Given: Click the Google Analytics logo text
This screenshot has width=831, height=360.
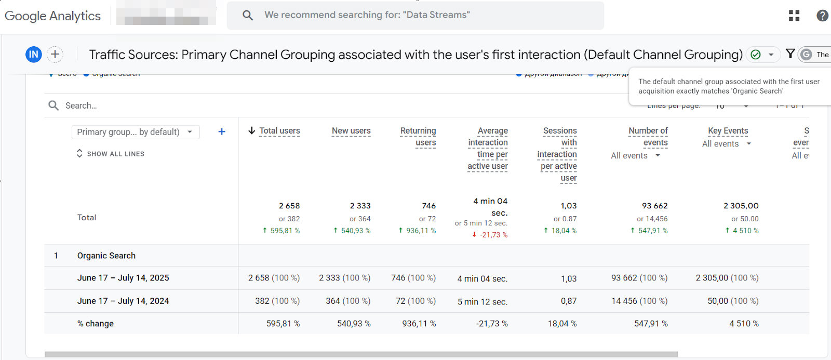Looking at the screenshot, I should tap(52, 16).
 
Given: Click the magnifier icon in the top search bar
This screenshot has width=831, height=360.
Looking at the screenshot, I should tap(248, 16).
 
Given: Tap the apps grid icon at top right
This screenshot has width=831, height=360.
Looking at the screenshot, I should tap(794, 16).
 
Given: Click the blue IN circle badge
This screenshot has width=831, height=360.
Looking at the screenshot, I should tap(34, 54).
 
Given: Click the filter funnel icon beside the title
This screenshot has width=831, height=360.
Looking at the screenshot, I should tap(790, 54).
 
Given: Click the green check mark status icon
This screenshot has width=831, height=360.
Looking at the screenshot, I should tap(756, 55).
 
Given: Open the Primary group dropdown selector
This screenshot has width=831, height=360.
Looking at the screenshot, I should tap(135, 132).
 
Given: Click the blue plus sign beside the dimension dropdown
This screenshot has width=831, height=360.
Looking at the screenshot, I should tap(222, 132).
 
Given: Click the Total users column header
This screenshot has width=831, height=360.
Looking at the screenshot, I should tap(279, 131).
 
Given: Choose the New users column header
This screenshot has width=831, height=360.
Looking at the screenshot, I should tap(351, 131).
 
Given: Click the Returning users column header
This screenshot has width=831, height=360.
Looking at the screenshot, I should tap(418, 137).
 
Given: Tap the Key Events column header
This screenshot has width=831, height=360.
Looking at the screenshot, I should tap(728, 131).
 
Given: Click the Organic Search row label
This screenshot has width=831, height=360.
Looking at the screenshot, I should tap(106, 256).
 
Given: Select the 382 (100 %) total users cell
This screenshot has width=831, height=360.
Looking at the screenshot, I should tap(277, 301).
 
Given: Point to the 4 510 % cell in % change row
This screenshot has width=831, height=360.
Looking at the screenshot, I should tap(744, 324).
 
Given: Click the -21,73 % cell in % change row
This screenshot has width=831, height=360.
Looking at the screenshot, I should tap(491, 324).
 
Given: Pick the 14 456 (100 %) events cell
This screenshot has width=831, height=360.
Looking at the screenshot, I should tap(639, 301).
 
